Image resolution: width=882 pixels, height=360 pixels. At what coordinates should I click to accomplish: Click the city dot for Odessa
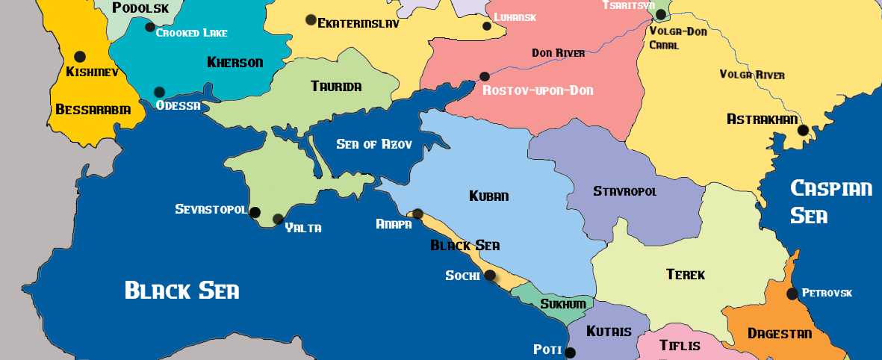pyautogui.click(x=159, y=93)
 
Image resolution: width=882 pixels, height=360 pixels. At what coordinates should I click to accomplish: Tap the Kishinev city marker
pyautogui.click(x=80, y=57)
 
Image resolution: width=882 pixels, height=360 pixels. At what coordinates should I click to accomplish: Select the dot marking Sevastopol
pyautogui.click(x=255, y=212)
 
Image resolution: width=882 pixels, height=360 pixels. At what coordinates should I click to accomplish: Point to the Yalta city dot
pyautogui.click(x=278, y=219)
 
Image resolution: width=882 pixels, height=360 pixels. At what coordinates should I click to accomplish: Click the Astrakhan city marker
pyautogui.click(x=803, y=130)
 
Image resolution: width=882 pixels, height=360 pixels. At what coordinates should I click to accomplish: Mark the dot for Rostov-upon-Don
pyautogui.click(x=485, y=76)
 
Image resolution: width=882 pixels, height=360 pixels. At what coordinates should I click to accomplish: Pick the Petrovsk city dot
pyautogui.click(x=792, y=294)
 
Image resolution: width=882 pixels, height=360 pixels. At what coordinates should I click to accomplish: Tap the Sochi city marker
pyautogui.click(x=490, y=275)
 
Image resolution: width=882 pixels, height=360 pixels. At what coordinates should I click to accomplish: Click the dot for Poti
pyautogui.click(x=571, y=353)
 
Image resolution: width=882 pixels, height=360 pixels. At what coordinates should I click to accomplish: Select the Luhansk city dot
pyautogui.click(x=487, y=26)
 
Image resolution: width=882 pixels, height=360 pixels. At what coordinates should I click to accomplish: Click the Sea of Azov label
pyautogui.click(x=374, y=144)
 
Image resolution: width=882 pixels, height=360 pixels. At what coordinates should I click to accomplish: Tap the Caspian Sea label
pyautogui.click(x=830, y=201)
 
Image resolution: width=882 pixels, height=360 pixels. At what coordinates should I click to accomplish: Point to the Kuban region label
pyautogui.click(x=488, y=196)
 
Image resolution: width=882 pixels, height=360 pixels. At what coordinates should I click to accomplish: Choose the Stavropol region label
pyautogui.click(x=625, y=191)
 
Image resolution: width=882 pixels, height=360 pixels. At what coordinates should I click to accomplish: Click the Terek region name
pyautogui.click(x=685, y=275)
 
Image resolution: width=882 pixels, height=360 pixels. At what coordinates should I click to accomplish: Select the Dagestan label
pyautogui.click(x=779, y=333)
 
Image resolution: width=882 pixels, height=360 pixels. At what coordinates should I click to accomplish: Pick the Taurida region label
pyautogui.click(x=336, y=87)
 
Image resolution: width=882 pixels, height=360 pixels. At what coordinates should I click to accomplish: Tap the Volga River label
pyautogui.click(x=752, y=75)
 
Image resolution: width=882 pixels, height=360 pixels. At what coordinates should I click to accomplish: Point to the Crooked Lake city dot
pyautogui.click(x=150, y=28)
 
